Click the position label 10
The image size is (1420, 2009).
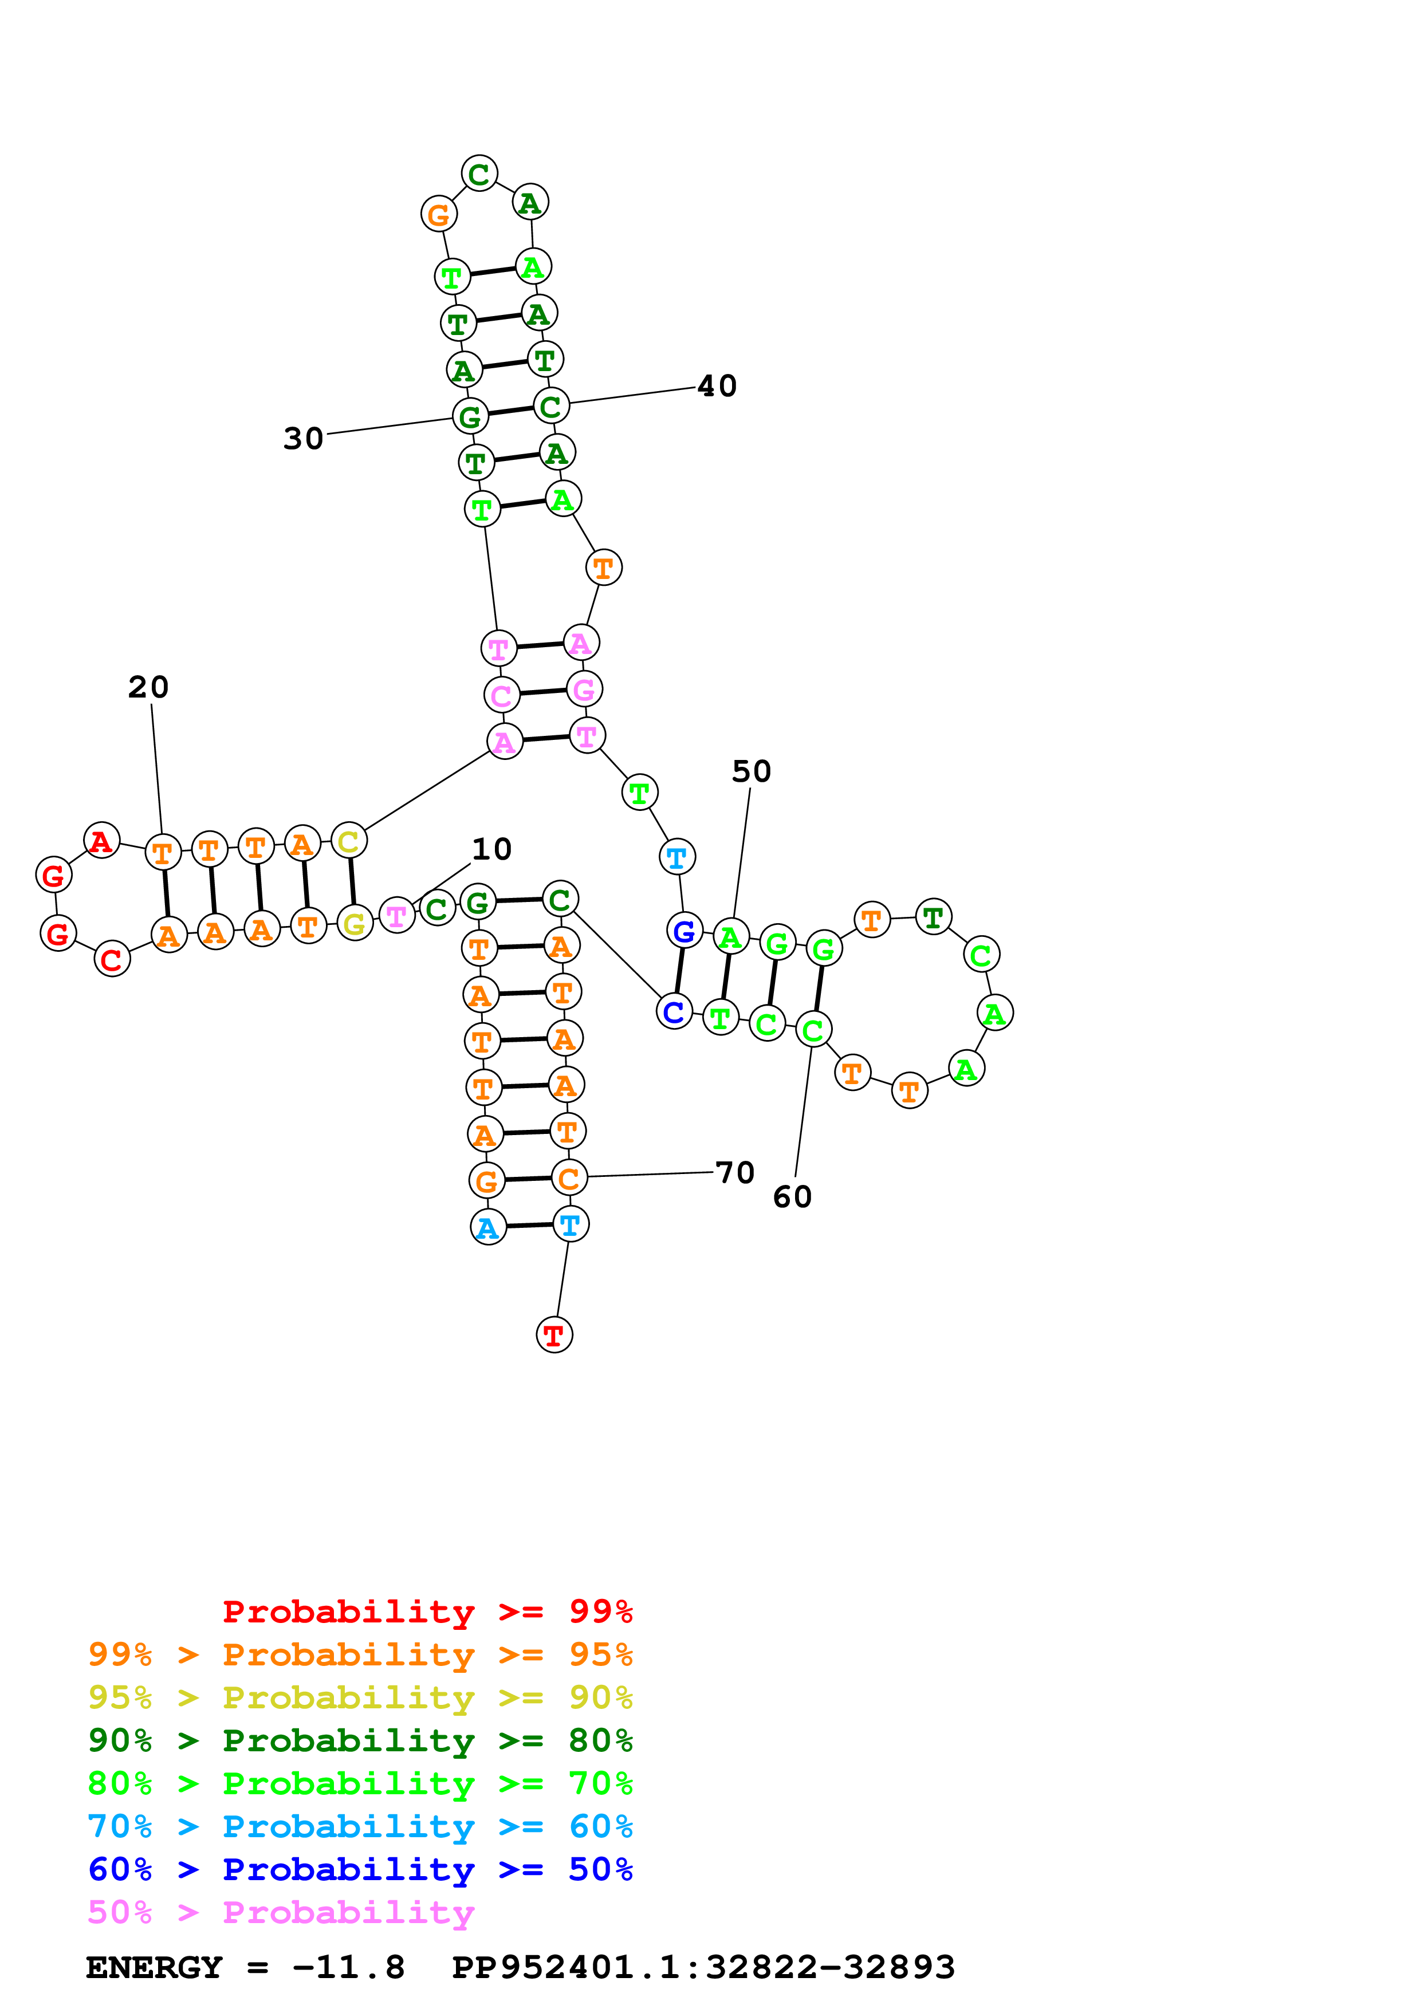[x=491, y=849]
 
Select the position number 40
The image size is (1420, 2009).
[x=717, y=386]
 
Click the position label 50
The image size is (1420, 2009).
[x=751, y=771]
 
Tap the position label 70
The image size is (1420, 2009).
[x=734, y=1172]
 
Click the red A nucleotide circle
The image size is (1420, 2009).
[x=101, y=841]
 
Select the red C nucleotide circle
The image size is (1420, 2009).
[x=112, y=959]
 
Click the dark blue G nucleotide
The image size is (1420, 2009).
[x=684, y=931]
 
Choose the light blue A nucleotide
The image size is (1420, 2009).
[x=488, y=1228]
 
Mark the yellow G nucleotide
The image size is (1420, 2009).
[x=355, y=924]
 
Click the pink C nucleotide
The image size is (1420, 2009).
[x=501, y=696]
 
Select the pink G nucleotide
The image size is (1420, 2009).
[x=584, y=690]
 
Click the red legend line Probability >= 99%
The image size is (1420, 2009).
[x=427, y=1612]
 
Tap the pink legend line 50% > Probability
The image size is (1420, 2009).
[x=281, y=1913]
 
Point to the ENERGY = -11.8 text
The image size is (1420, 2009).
[x=245, y=1968]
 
